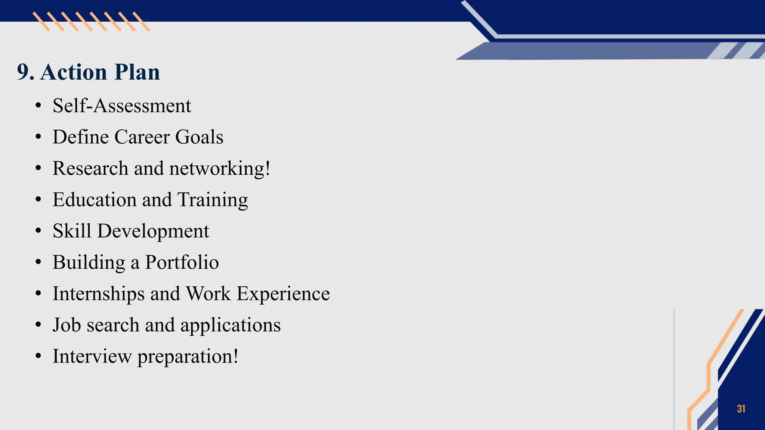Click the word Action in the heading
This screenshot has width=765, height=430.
coord(74,72)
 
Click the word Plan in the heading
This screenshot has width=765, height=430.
coord(137,72)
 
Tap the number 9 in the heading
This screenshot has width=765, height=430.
coord(23,72)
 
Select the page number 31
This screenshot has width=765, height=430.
coord(741,409)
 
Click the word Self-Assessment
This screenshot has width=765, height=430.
coord(122,106)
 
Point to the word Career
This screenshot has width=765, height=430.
coord(142,137)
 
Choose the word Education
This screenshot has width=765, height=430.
coord(95,200)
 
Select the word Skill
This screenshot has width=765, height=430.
coord(72,231)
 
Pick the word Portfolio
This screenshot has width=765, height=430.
coord(182,262)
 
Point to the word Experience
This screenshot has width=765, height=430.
coord(283,294)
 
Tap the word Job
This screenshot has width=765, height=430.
coord(66,325)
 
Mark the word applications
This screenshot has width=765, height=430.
coord(230,325)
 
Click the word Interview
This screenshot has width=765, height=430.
coord(92,356)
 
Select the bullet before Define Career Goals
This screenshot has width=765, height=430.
coord(38,137)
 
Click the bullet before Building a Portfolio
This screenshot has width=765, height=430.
coord(38,262)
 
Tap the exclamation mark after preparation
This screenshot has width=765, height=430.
coord(236,356)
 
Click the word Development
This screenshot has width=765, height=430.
coord(153,231)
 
